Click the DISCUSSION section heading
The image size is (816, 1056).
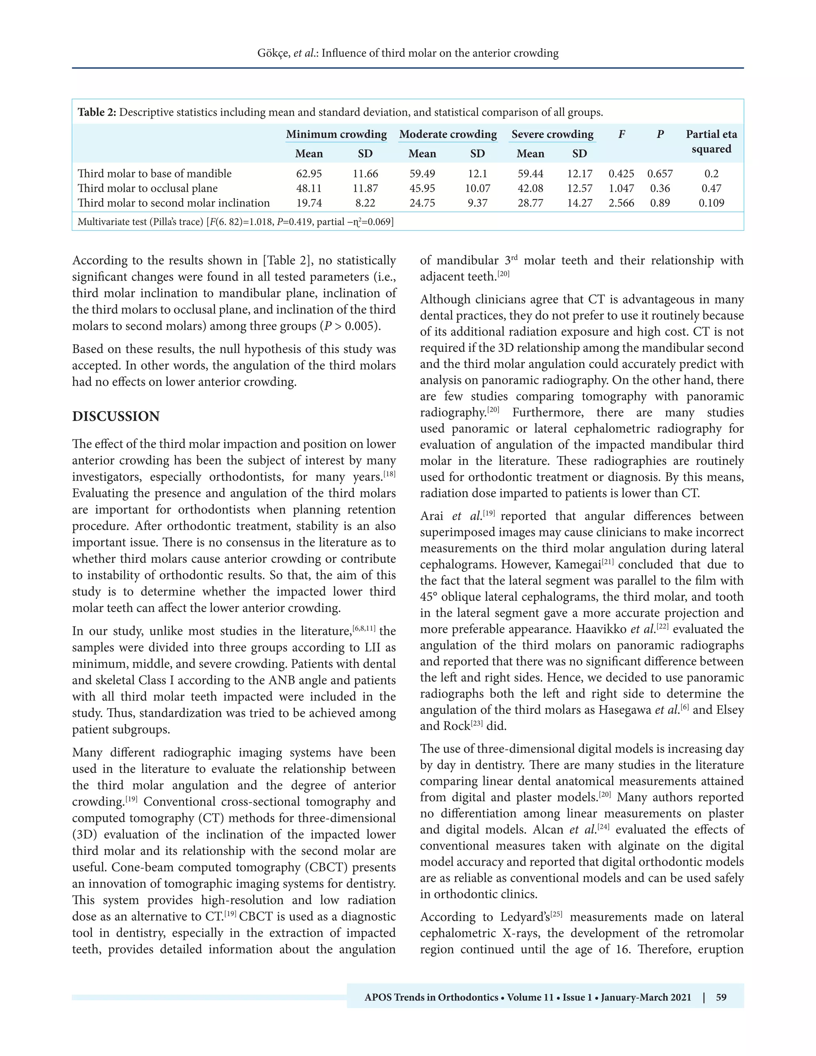tap(116, 416)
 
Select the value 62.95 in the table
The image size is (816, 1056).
tap(309, 174)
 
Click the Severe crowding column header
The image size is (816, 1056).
tap(553, 134)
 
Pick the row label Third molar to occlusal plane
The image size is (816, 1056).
tap(147, 188)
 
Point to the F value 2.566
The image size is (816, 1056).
tap(621, 203)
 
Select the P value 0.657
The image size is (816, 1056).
tap(660, 174)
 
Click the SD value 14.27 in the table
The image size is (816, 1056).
tap(580, 203)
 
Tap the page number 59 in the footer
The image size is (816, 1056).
tap(721, 997)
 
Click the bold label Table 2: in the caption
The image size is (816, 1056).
tap(97, 113)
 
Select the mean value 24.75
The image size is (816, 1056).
tap(422, 203)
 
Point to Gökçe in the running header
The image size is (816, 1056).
tap(273, 53)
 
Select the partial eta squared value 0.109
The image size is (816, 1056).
tap(711, 203)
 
